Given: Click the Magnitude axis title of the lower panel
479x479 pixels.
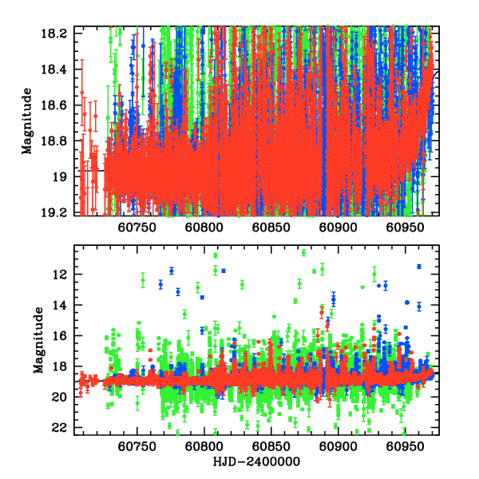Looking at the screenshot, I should tap(39, 339).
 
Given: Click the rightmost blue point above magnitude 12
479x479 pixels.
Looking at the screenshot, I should tap(418, 266).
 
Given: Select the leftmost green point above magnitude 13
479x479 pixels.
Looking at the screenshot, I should tap(142, 281).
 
